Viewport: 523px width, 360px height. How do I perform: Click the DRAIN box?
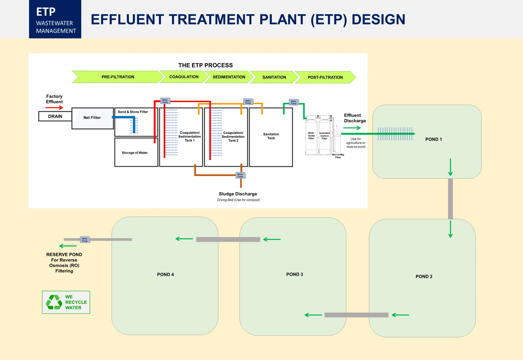[55, 116]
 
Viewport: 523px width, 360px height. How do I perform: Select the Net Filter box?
[92, 118]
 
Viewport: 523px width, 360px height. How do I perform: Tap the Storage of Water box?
[136, 152]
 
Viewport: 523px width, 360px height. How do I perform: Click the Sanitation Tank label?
[271, 136]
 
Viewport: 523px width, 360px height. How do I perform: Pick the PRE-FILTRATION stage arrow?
[118, 77]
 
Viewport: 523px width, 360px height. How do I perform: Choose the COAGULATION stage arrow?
[184, 77]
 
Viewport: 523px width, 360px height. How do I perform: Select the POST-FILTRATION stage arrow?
[325, 77]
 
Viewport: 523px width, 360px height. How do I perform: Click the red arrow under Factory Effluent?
[54, 108]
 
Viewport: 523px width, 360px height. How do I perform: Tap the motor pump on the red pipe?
[165, 101]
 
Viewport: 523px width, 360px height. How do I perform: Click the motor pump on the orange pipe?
[248, 102]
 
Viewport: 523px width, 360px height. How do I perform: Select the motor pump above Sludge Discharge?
[240, 175]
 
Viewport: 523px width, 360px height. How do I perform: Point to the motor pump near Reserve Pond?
[85, 240]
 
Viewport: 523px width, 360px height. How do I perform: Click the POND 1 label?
[433, 139]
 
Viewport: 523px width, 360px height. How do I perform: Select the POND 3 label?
[294, 274]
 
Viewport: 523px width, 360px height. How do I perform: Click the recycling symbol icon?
[54, 302]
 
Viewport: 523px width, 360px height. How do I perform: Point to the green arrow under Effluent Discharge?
[352, 128]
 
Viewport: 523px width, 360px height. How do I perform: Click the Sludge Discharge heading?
[238, 194]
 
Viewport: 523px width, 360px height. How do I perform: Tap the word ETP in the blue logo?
[46, 12]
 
